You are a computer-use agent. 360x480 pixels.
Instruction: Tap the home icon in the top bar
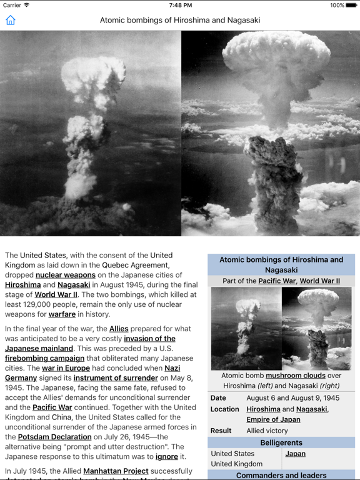tap(11, 20)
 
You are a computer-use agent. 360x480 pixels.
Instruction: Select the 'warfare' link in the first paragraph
tap(62, 314)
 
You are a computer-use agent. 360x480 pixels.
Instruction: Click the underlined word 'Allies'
tap(119, 329)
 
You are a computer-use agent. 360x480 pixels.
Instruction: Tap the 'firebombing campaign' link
tap(44, 359)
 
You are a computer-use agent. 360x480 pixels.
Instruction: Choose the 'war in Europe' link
tap(66, 369)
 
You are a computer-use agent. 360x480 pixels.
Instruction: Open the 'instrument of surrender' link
tap(115, 378)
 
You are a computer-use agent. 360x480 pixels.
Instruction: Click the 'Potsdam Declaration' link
tap(55, 437)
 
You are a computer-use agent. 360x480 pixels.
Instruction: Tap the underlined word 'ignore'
tap(167, 457)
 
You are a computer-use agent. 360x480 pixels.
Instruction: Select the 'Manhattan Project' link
tap(116, 471)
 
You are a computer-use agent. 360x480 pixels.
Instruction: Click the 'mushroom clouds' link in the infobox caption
tap(295, 376)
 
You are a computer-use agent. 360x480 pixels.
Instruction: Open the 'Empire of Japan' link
tap(273, 419)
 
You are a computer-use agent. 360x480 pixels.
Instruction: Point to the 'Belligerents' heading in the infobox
tap(281, 442)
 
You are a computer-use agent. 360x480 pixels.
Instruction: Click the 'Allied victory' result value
tap(267, 431)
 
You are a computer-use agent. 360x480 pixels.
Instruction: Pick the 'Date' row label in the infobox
tap(218, 398)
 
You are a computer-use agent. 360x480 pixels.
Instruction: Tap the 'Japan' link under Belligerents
tap(295, 454)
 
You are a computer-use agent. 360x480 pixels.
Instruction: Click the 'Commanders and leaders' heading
tap(281, 476)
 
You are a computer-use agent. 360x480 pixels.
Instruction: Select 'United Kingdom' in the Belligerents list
tap(236, 464)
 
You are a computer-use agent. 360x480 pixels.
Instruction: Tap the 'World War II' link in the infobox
tap(319, 281)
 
